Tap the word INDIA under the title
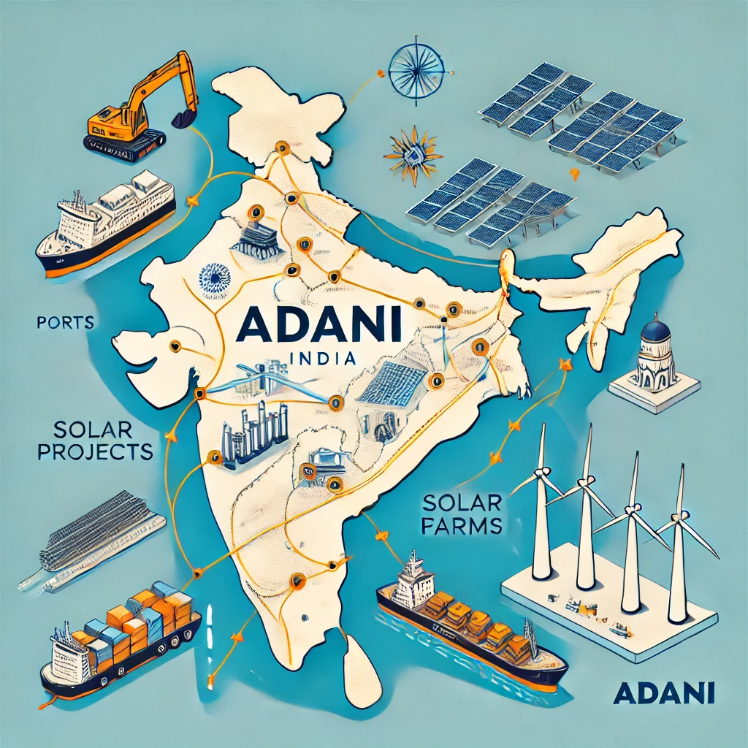[322, 359]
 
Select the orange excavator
[139, 110]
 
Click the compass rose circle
[416, 71]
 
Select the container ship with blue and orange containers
[121, 636]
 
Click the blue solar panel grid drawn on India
[392, 383]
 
